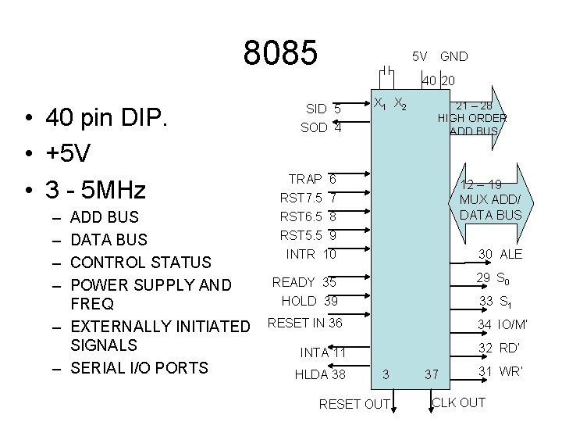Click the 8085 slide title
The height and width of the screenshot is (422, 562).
(x=281, y=52)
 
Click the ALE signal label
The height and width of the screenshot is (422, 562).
(x=512, y=254)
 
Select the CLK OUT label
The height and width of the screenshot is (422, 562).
(x=458, y=402)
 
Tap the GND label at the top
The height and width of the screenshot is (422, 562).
(x=454, y=56)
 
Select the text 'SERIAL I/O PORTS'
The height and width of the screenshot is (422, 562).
(x=139, y=367)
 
